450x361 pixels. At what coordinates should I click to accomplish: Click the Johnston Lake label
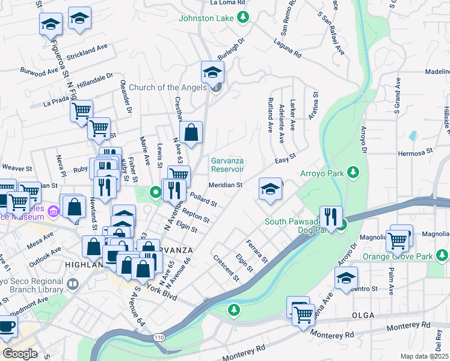[x=205, y=18]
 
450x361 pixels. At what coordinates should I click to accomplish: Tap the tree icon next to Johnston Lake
[x=243, y=18]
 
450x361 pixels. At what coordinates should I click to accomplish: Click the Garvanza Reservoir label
[x=235, y=164]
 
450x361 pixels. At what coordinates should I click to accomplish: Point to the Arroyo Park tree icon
[x=354, y=174]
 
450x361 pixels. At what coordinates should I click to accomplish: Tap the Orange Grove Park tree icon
[x=443, y=256]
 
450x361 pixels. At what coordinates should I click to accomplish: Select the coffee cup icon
[x=7, y=326]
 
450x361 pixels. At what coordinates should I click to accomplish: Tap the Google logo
[x=20, y=354]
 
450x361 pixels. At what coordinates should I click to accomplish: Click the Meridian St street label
[x=225, y=185]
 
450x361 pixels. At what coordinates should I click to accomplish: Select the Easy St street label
[x=286, y=158]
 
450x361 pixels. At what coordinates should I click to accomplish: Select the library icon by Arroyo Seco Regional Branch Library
[x=72, y=283]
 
